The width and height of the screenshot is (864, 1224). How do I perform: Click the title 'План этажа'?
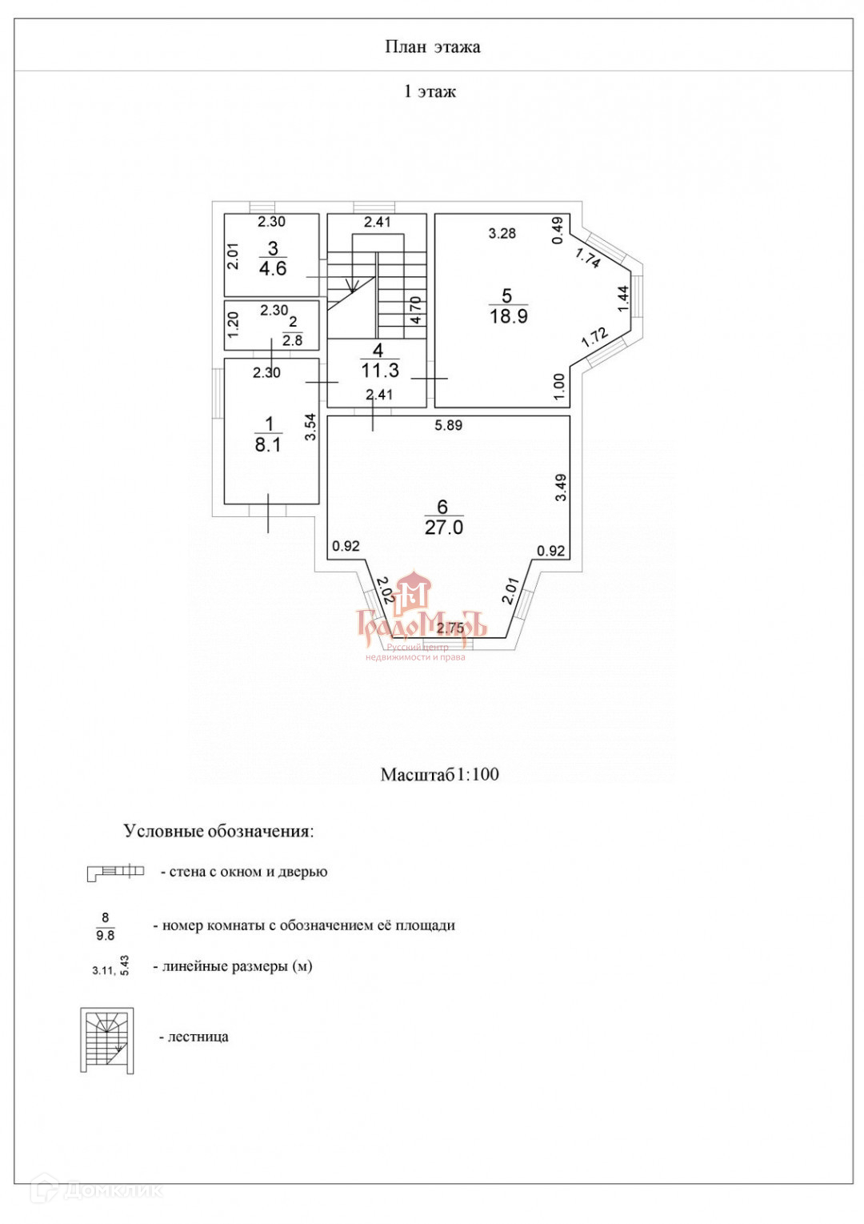(x=432, y=47)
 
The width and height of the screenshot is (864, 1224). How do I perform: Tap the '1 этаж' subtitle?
(x=430, y=91)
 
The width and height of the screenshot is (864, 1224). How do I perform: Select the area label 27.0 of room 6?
(x=444, y=528)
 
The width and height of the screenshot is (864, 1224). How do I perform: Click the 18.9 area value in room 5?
(x=508, y=316)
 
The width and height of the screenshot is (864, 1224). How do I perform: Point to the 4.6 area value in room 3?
(x=273, y=269)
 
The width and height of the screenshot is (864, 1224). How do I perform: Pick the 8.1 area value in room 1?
(x=268, y=445)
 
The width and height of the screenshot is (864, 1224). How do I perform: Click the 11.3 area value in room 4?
(x=380, y=371)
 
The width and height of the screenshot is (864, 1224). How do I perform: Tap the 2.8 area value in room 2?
(x=293, y=340)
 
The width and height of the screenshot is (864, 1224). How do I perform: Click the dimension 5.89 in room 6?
(x=448, y=425)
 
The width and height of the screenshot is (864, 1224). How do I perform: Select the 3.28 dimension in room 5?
(x=502, y=233)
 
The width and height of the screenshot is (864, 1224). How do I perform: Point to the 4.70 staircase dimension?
(x=416, y=310)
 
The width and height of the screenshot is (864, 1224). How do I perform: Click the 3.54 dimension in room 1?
(x=311, y=426)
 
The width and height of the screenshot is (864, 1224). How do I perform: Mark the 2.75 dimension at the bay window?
(x=450, y=628)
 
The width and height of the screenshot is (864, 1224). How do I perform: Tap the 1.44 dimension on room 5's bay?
(x=624, y=299)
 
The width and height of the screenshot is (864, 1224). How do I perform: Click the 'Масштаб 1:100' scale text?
(x=439, y=774)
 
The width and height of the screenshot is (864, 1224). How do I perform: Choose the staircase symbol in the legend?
(x=107, y=1040)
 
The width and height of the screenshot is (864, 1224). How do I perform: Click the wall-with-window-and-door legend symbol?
(x=115, y=872)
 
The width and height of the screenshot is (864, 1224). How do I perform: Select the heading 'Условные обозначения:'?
(x=218, y=831)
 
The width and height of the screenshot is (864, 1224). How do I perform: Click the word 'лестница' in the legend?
(x=198, y=1037)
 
